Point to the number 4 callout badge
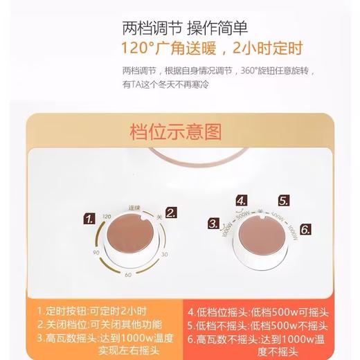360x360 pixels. (242, 201)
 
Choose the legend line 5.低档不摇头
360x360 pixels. (265, 325)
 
